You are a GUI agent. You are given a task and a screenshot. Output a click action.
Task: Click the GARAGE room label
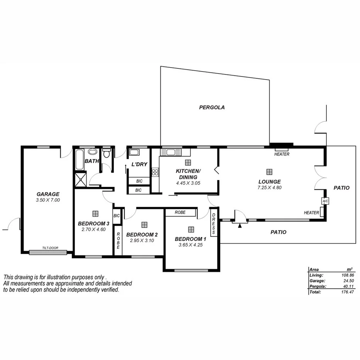48,194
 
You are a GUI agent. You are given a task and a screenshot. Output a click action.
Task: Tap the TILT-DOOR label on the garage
51,248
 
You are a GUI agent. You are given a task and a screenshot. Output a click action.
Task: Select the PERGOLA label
212,107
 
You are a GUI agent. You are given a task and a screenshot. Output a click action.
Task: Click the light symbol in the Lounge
269,172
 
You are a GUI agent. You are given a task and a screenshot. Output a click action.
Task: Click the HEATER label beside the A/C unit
311,212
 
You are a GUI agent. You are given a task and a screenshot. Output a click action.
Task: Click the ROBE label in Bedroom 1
180,212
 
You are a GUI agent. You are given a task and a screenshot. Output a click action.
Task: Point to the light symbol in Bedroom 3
95,213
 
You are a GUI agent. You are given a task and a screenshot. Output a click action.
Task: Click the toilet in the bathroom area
107,153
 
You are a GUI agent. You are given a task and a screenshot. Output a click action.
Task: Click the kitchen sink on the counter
169,152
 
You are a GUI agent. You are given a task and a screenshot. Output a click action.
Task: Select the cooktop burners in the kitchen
155,172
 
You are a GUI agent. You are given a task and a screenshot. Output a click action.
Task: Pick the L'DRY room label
139,165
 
